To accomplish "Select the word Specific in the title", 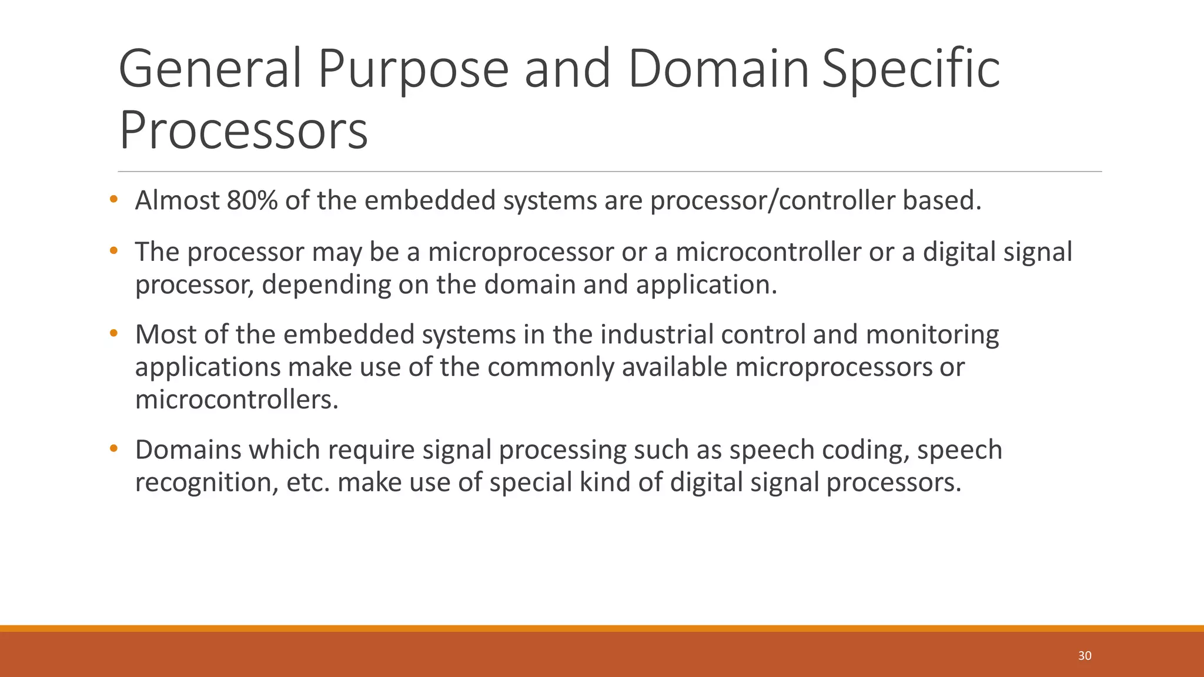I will (911, 70).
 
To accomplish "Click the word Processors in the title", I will (243, 130).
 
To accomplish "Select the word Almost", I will (177, 201).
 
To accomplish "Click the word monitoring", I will (932, 334).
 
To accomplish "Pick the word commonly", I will (550, 367).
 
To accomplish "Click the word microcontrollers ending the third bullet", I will (237, 400).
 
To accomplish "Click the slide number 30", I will (1085, 656).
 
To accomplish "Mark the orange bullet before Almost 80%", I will (113, 200).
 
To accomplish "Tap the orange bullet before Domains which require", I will (113, 449).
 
